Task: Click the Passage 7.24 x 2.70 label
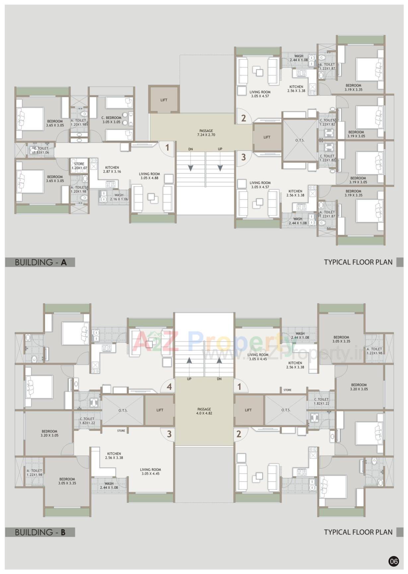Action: coord(206,133)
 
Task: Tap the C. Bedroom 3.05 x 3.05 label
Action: coord(112,120)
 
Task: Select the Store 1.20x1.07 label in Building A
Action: coord(79,166)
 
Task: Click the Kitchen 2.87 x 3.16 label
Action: coord(112,170)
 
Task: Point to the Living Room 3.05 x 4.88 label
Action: coord(149,176)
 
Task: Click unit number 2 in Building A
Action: coord(243,118)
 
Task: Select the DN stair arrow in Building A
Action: coord(191,168)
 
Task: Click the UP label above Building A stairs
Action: coord(220,149)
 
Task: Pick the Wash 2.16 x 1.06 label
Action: coord(119,197)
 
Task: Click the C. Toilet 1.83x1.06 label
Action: coord(41,150)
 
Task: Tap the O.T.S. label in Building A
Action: coord(300,140)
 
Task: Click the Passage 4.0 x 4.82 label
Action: coord(204,411)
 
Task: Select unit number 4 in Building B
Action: coord(169,387)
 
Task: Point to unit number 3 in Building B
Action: coord(169,434)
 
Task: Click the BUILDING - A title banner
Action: coord(40,262)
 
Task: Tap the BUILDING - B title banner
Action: coord(40,532)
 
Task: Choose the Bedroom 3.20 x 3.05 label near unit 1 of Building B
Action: coord(359,387)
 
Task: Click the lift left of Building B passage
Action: coord(160,410)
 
